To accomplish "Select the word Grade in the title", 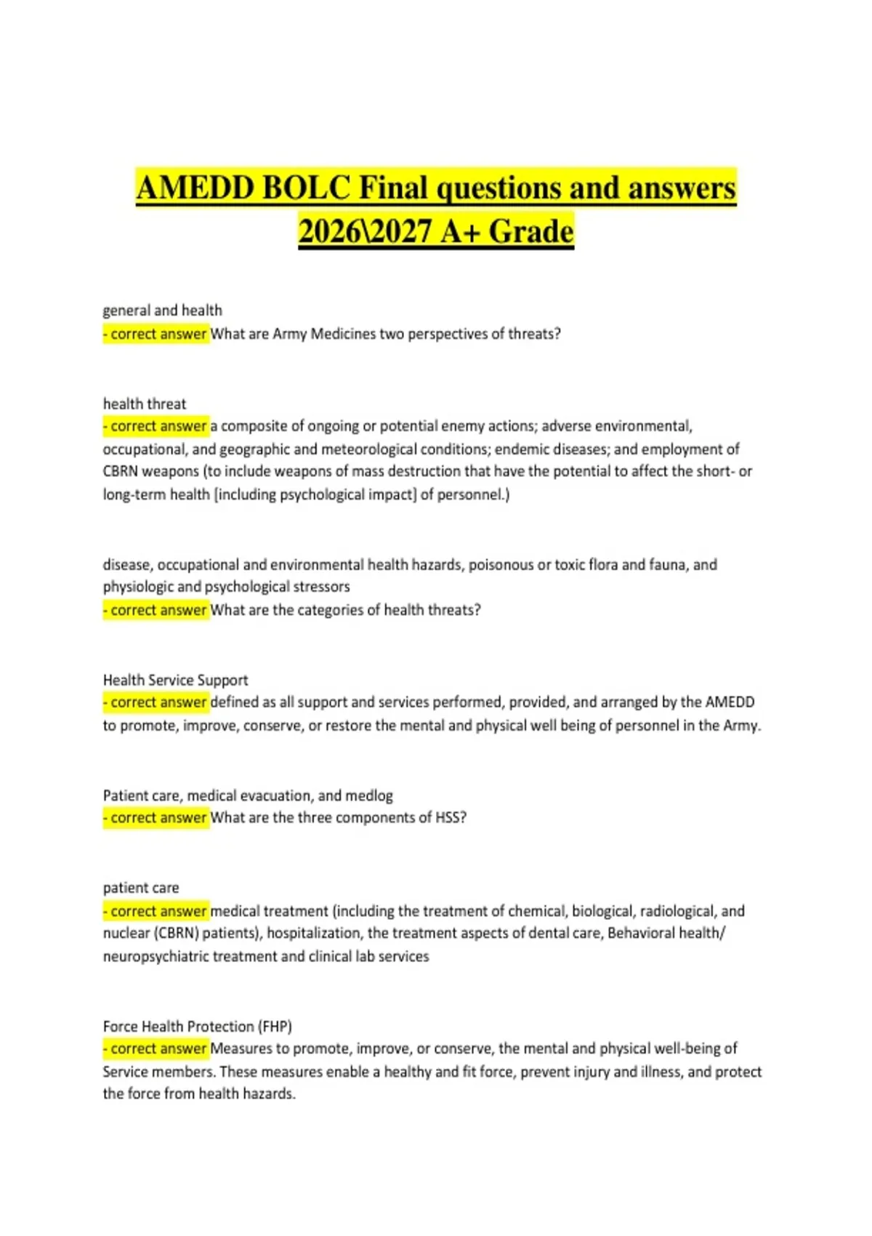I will click(530, 232).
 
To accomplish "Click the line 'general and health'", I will click(162, 310).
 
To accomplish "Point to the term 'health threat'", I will click(144, 404).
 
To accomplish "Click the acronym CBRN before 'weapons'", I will click(120, 471).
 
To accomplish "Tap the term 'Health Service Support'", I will click(175, 680).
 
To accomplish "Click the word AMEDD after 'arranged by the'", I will click(730, 702).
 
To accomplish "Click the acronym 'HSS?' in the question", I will click(451, 818).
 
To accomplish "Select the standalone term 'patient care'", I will click(140, 888).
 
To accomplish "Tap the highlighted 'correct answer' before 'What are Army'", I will click(156, 334).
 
